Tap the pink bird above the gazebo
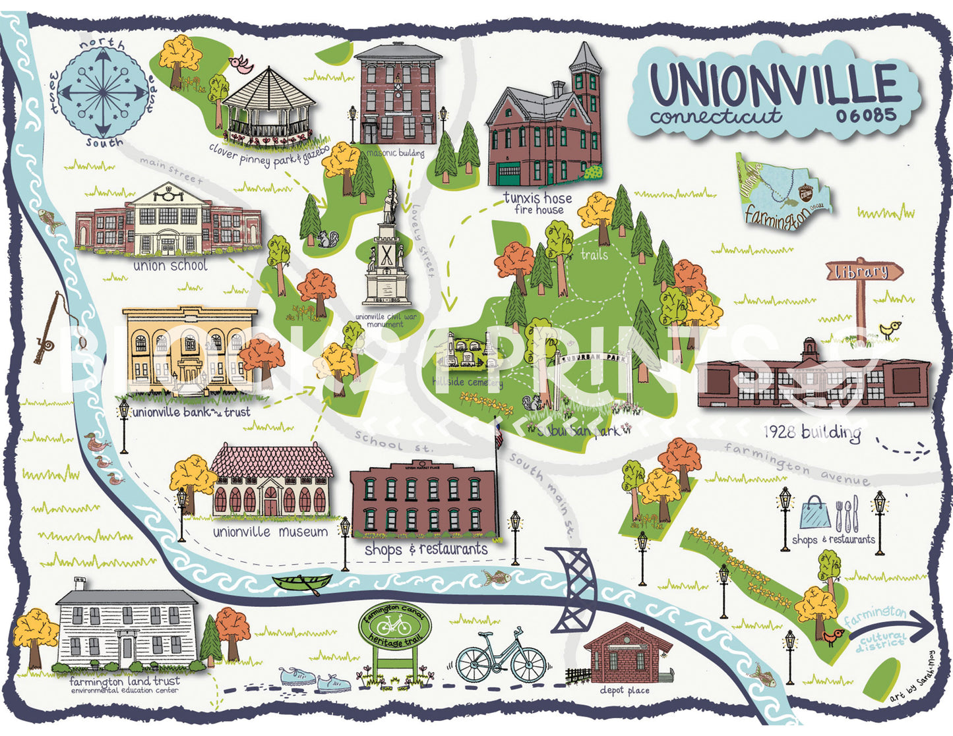click(241, 64)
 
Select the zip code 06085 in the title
click(866, 115)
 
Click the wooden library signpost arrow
click(865, 271)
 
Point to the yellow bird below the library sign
click(890, 329)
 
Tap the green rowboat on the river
click(303, 582)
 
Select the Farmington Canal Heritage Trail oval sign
click(394, 627)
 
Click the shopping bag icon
click(814, 513)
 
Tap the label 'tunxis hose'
click(538, 197)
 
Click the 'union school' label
click(170, 266)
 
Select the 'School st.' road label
click(394, 441)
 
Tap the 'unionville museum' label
click(270, 532)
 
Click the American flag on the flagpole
click(498, 435)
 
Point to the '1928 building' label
click(812, 433)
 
